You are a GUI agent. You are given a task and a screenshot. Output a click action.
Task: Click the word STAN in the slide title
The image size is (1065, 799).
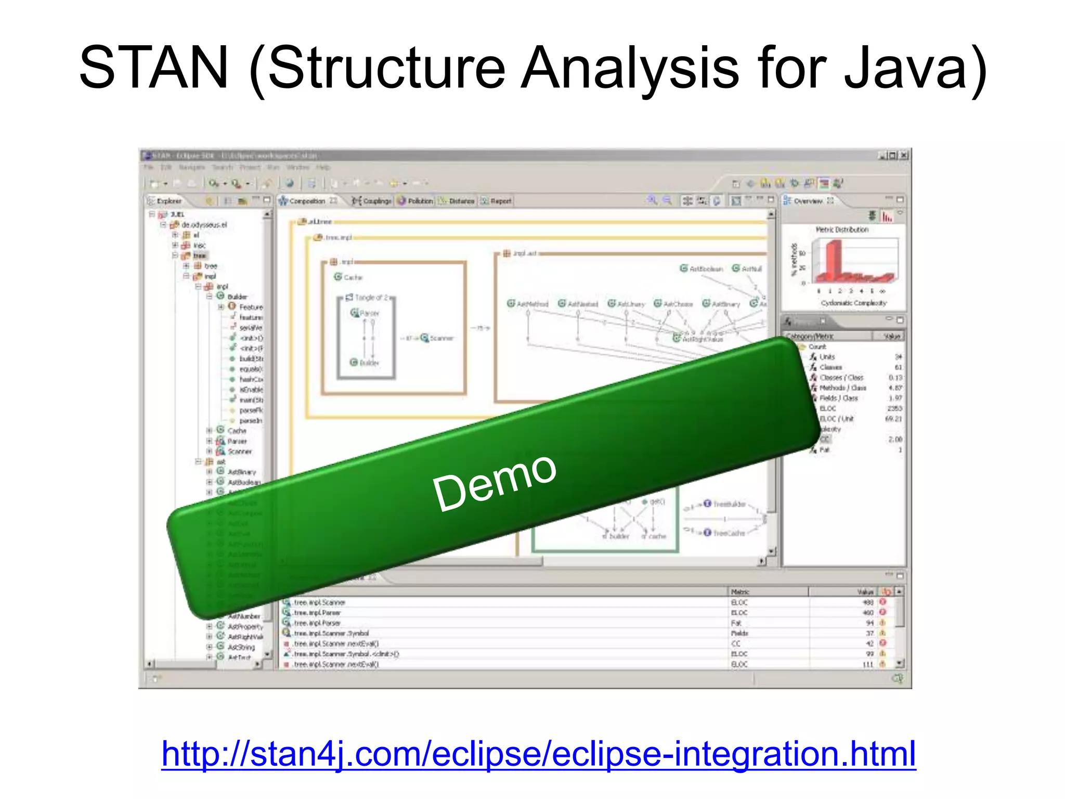pos(154,68)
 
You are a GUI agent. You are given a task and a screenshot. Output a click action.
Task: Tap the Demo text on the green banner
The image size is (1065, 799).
pos(494,482)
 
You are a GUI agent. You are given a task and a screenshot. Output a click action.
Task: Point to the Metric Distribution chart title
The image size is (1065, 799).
pos(842,229)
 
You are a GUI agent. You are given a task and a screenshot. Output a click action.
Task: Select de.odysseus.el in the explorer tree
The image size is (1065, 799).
pos(204,225)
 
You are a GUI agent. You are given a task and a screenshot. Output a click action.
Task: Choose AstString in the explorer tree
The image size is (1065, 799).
pos(241,647)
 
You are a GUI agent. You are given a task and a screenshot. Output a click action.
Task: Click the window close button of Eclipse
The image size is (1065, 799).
pos(904,156)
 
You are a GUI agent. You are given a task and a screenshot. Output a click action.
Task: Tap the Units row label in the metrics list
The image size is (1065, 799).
pos(827,357)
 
